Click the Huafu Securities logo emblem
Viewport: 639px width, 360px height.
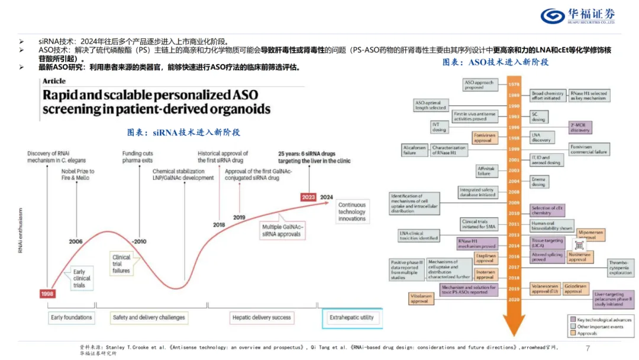(553, 16)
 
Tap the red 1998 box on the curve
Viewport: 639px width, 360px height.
(47, 294)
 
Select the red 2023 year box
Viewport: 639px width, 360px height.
(308, 197)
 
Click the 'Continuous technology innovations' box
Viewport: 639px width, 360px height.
(352, 211)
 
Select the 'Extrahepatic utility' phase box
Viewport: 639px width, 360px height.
(351, 318)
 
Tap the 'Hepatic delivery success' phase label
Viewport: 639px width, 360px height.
(262, 318)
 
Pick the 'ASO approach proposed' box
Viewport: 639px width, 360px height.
(478, 85)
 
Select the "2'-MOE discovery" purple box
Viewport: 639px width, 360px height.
(580, 127)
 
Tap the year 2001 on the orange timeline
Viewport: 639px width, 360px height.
(514, 159)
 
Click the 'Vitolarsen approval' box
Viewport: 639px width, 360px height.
(419, 298)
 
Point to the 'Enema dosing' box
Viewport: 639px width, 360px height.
(538, 182)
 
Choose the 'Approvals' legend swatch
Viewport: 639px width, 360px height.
(573, 333)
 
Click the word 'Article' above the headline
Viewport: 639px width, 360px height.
(54, 81)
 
